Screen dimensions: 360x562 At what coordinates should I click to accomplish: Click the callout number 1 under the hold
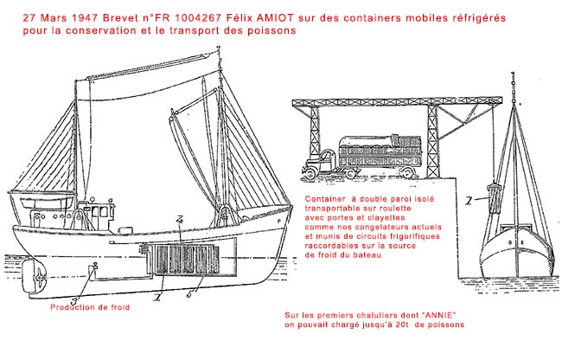click(x=157, y=294)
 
